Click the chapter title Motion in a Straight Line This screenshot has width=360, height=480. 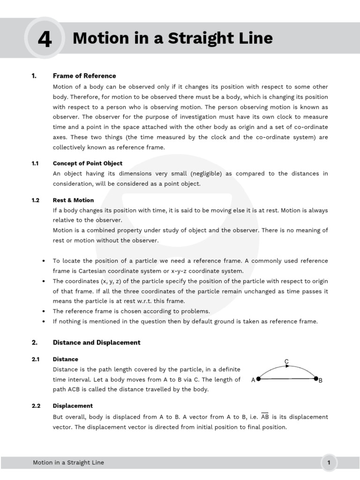172,38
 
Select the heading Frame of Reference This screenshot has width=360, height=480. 84,76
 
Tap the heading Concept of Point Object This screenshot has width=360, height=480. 88,164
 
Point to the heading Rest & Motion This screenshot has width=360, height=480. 73,200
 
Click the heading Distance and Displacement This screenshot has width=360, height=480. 97,343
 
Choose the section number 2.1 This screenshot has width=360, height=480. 35,360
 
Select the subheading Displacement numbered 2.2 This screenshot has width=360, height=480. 73,406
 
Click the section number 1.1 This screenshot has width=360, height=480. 35,164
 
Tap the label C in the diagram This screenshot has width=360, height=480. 286,361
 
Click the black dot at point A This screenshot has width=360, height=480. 258,379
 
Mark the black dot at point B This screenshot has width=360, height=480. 316,379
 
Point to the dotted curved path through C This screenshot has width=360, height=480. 286,367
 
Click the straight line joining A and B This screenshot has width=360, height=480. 287,379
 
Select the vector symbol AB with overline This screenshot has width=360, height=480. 265,417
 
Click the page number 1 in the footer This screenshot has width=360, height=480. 329,463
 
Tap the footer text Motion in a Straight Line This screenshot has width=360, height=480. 68,463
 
